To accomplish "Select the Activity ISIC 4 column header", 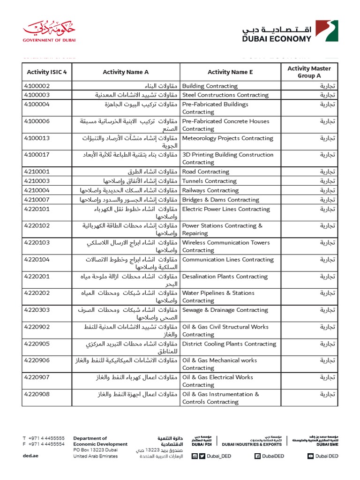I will [x=47, y=72].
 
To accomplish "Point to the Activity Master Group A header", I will [x=309, y=72].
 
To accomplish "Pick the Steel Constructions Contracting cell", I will [x=225, y=95].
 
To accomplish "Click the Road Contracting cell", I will [x=205, y=172].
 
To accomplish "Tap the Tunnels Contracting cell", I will [x=209, y=181].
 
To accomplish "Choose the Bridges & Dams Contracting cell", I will [x=220, y=200].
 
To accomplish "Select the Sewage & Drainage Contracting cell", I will [x=225, y=310].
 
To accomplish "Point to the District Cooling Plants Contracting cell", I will [x=229, y=344].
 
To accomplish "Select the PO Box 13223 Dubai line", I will [x=96, y=450].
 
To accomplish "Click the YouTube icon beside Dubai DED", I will [x=311, y=456].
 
